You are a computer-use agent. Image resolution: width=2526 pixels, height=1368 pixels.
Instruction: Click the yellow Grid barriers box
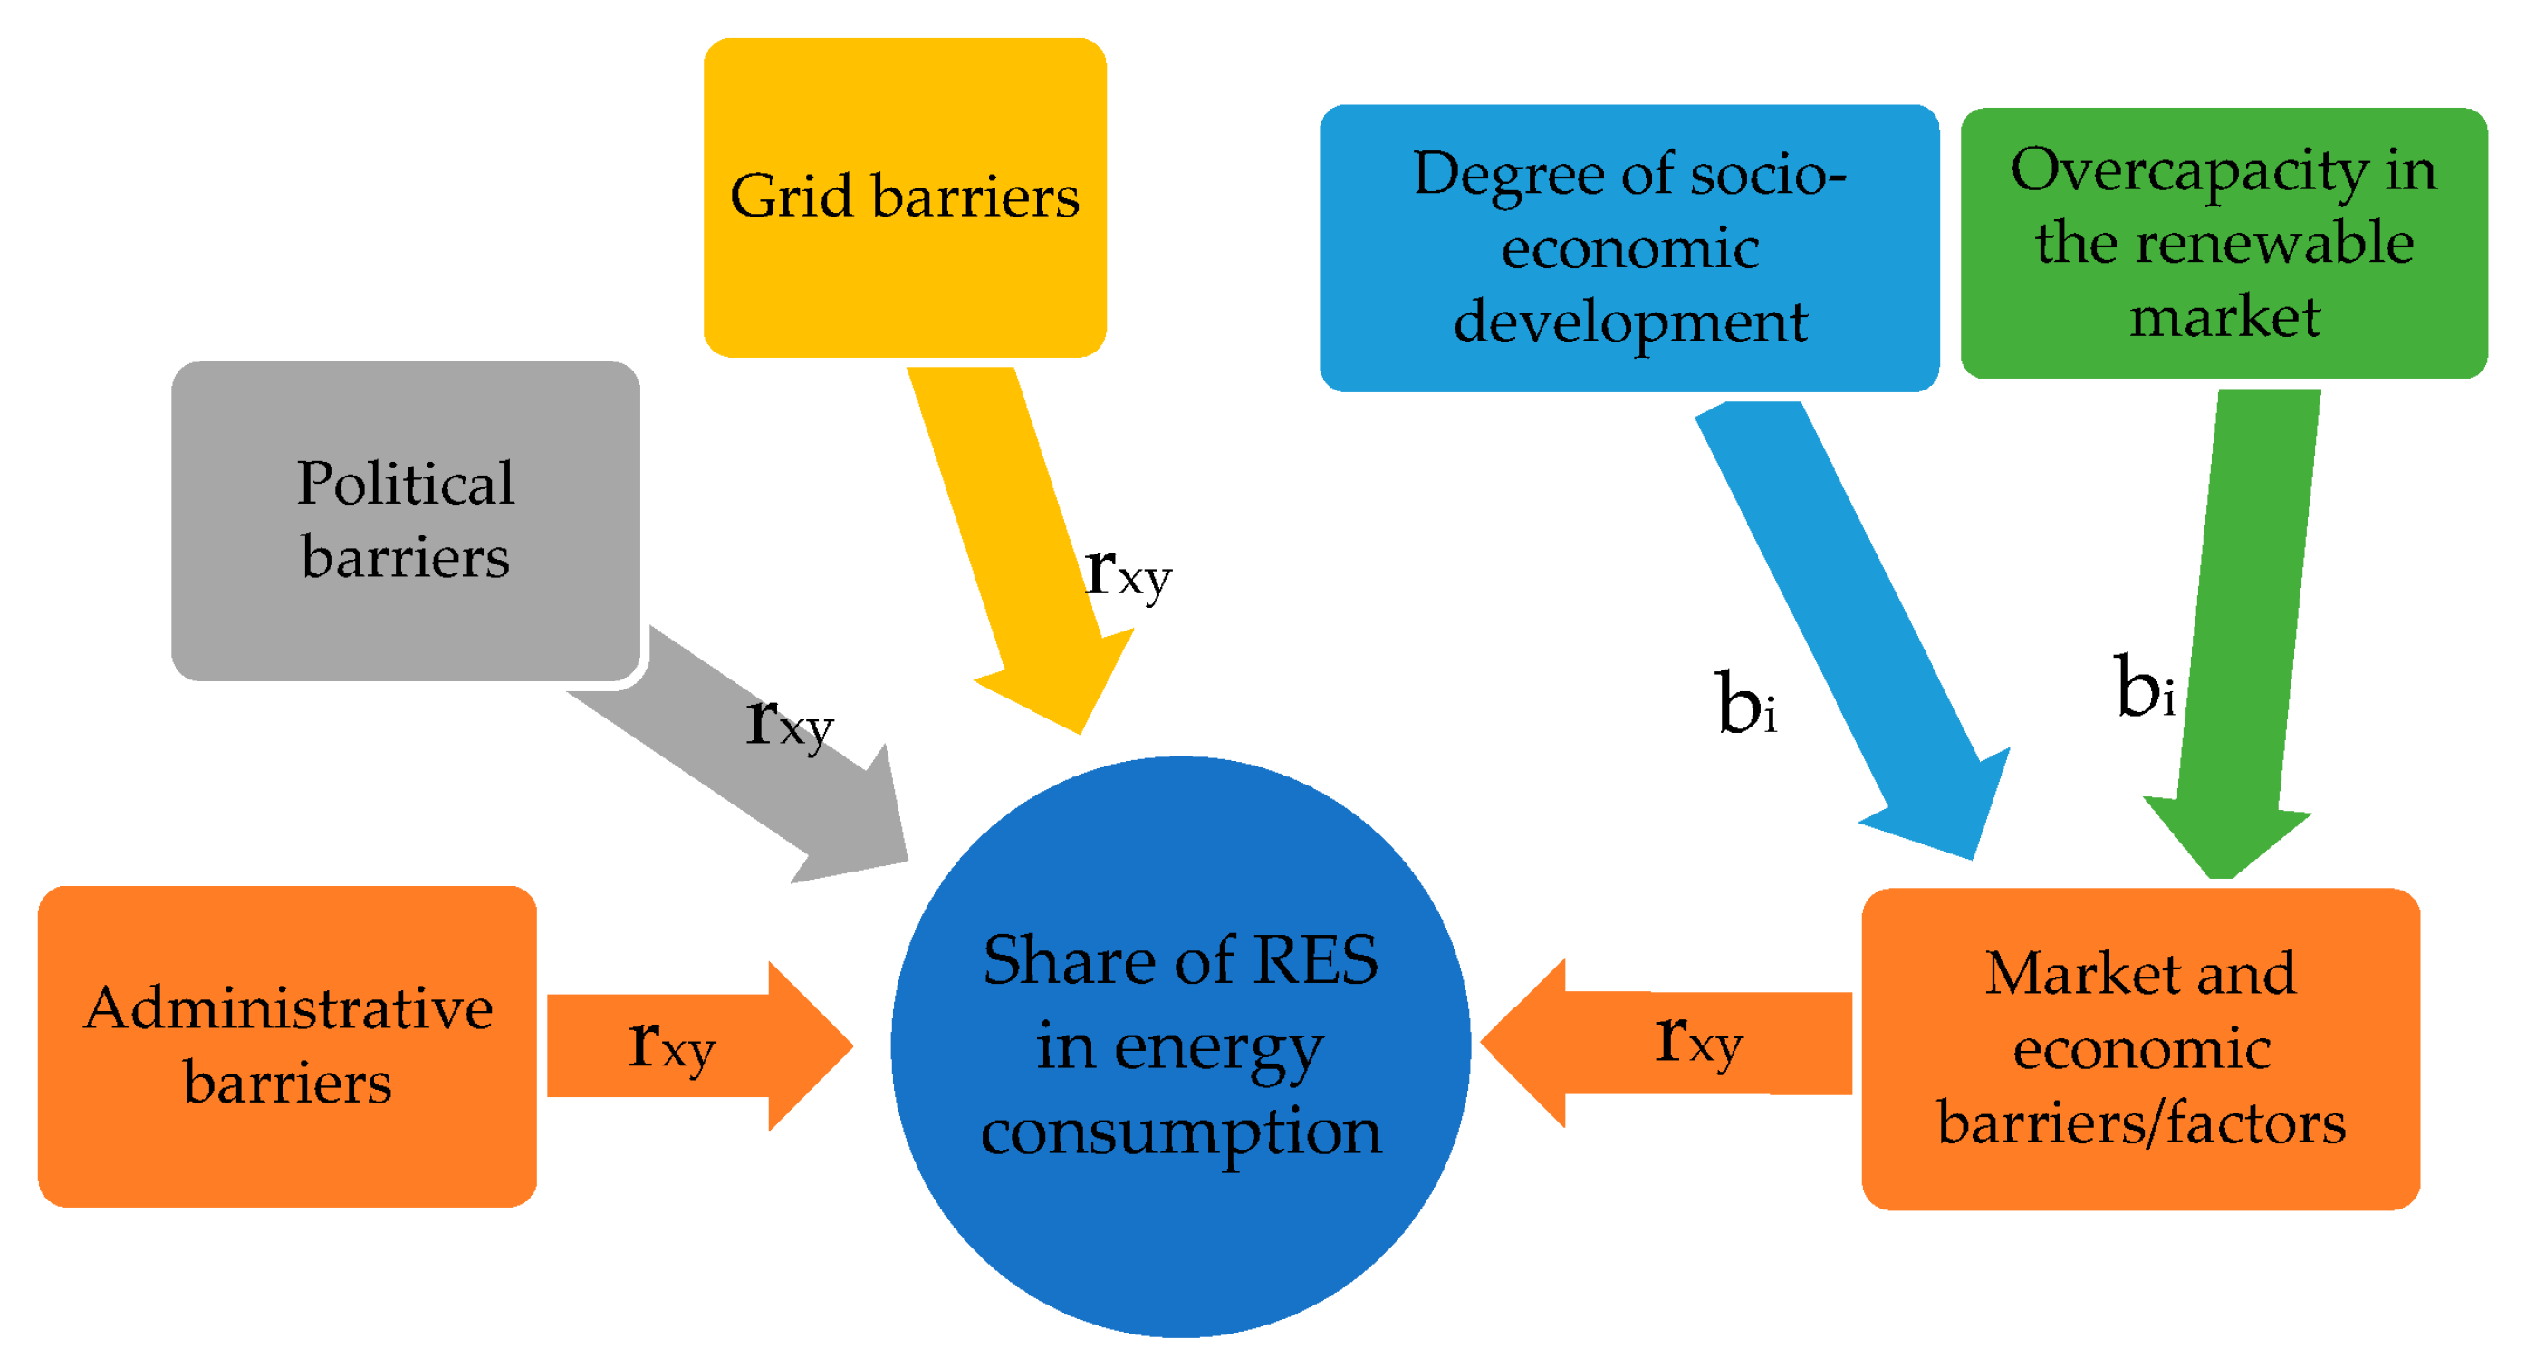pyautogui.click(x=904, y=196)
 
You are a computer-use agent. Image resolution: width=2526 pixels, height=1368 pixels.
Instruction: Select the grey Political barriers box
pyautogui.click(x=405, y=520)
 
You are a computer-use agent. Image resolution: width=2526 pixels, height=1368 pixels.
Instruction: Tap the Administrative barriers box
pyautogui.click(x=287, y=1045)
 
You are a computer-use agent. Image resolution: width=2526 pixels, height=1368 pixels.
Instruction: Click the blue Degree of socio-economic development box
pyautogui.click(x=1628, y=247)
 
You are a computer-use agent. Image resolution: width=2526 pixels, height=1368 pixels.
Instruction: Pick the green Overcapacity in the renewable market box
pyautogui.click(x=2223, y=242)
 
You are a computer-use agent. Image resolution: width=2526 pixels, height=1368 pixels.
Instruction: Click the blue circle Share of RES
pyautogui.click(x=1181, y=1045)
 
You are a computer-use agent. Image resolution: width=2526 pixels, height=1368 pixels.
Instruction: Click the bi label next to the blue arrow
pyautogui.click(x=1746, y=704)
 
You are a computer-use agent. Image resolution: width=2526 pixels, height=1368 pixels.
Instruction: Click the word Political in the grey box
pyautogui.click(x=405, y=484)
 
